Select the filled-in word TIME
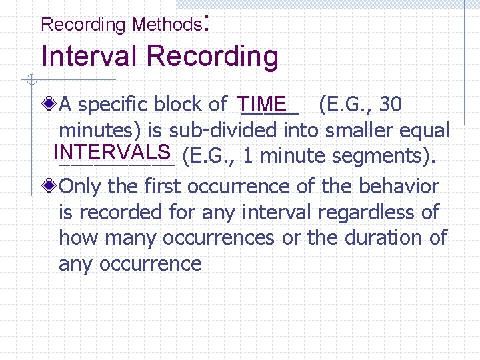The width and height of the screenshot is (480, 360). pos(263,104)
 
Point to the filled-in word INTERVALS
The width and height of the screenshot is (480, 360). pos(111,151)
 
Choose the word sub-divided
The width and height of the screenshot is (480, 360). pos(237,131)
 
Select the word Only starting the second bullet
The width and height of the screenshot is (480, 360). pos(81,187)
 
